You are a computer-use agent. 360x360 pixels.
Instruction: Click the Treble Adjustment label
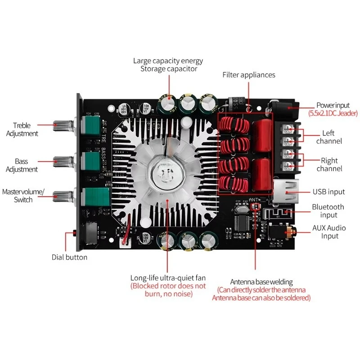pyautogui.click(x=25, y=130)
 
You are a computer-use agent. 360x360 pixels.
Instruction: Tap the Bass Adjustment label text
pyautogui.click(x=25, y=165)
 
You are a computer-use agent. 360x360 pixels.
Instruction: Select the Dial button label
pyautogui.click(x=69, y=257)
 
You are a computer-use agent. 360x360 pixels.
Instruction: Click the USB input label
pyautogui.click(x=328, y=192)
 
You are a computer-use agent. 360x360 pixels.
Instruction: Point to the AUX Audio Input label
pyautogui.click(x=329, y=232)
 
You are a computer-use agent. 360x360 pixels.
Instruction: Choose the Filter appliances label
pyautogui.click(x=248, y=75)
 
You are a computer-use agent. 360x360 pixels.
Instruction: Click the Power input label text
pyautogui.click(x=333, y=105)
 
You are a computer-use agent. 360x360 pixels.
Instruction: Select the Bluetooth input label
pyautogui.click(x=328, y=211)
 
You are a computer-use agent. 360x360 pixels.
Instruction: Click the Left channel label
pyautogui.click(x=332, y=137)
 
